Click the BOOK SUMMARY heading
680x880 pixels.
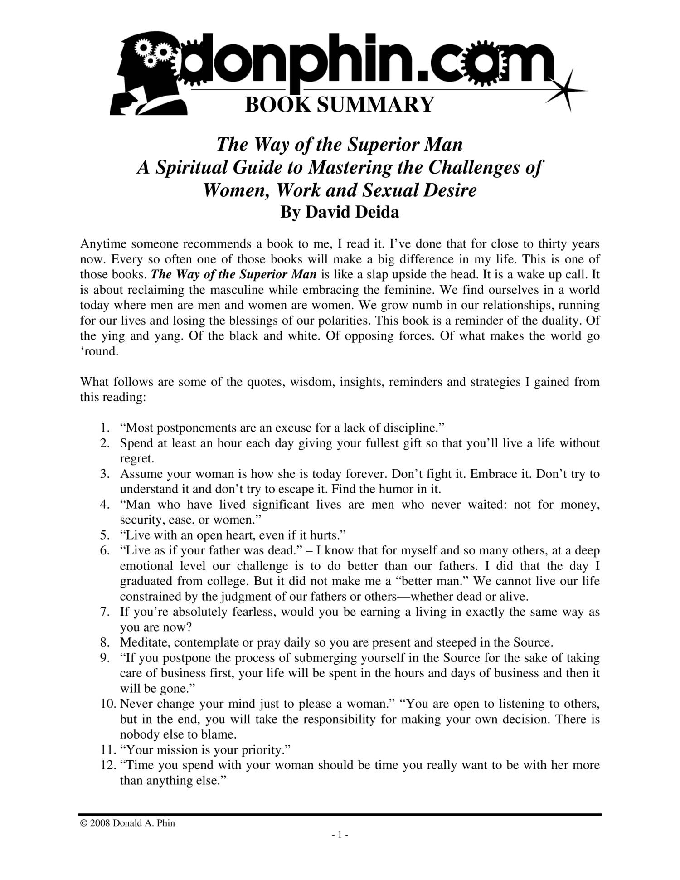pos(340,105)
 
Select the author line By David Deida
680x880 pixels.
pos(340,212)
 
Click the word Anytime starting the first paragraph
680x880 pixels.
pos(104,244)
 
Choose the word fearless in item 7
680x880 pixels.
pos(254,612)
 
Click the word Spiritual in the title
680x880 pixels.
pos(191,167)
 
